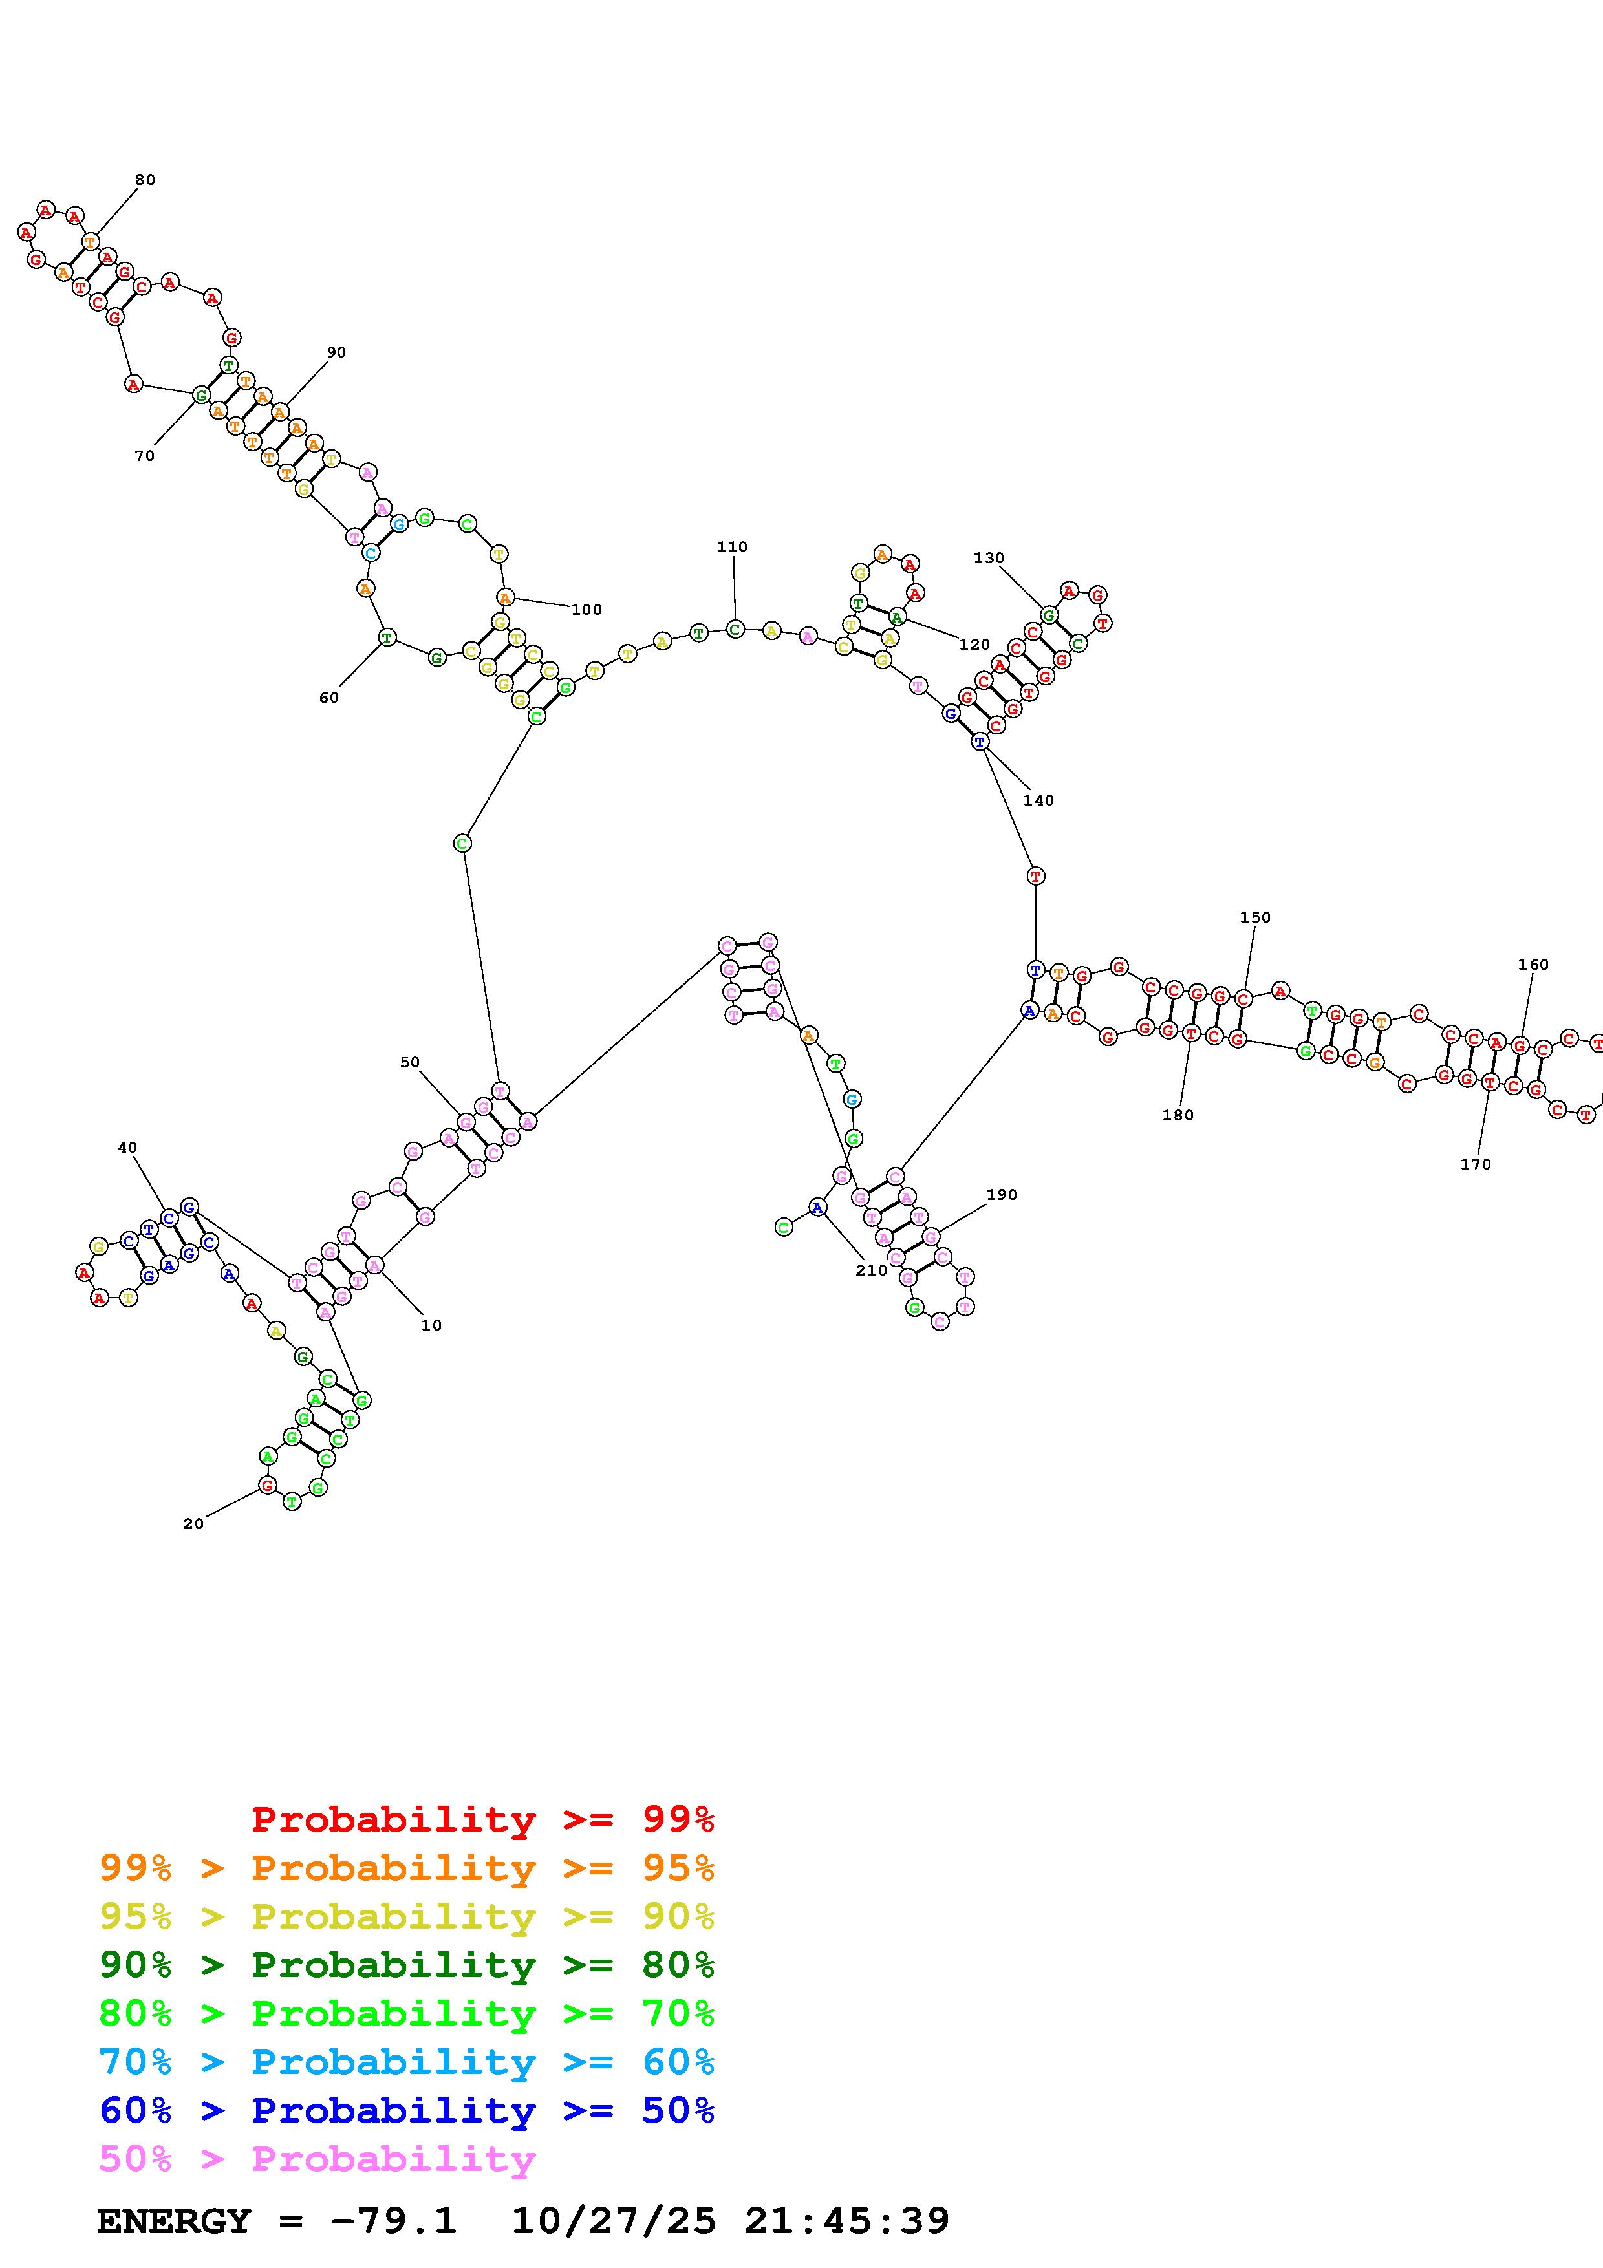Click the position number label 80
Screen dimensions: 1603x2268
coord(145,180)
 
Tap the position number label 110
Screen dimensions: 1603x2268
coord(732,546)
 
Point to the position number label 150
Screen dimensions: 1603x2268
coord(1254,917)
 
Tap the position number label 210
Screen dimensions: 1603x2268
coord(871,1270)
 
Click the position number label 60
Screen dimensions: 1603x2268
coord(329,698)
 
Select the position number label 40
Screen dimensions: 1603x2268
coord(127,1147)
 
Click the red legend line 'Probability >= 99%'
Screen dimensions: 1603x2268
coord(483,1819)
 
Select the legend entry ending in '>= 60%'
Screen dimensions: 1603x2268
coord(407,2062)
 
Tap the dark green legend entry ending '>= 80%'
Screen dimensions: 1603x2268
coord(407,1965)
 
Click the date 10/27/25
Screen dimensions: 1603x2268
coord(614,2221)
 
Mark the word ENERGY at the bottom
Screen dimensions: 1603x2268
coord(174,2221)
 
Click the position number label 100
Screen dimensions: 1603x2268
coord(586,610)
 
